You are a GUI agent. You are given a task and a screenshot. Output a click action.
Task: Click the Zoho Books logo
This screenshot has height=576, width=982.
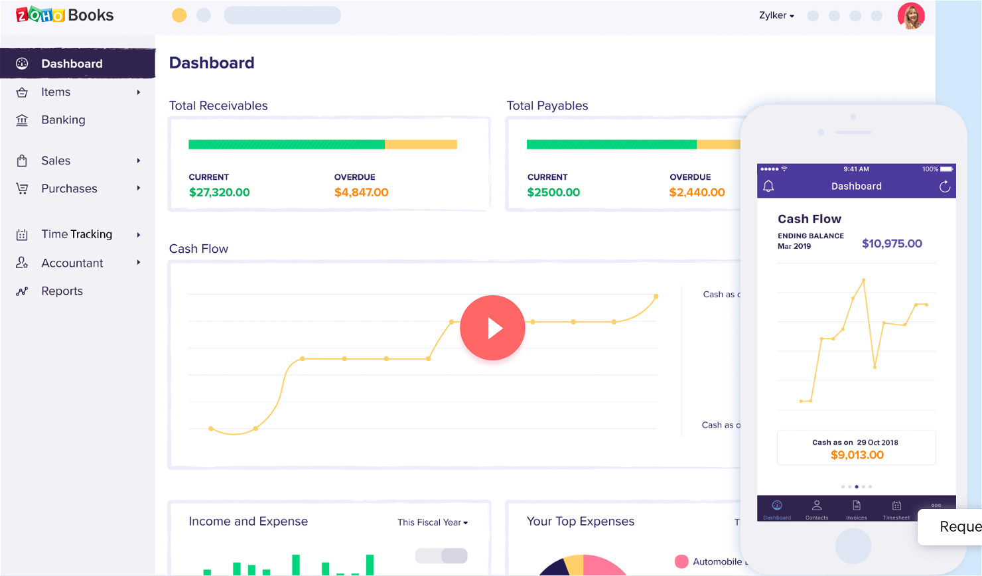64,15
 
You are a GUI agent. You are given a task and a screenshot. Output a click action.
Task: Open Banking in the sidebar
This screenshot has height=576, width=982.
63,120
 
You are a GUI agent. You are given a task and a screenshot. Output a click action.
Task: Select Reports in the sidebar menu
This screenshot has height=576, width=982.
62,291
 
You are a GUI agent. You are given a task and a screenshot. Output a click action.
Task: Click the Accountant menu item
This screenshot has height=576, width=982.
72,263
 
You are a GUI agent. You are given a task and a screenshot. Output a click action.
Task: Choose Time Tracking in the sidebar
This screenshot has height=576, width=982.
76,234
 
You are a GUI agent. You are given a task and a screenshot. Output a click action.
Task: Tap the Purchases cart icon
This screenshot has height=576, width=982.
22,188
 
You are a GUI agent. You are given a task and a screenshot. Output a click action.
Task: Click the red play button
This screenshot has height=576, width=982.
492,328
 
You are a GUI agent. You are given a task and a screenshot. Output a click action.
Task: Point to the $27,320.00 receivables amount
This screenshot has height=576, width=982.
219,192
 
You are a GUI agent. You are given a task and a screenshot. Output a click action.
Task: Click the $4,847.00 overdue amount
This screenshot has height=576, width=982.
361,192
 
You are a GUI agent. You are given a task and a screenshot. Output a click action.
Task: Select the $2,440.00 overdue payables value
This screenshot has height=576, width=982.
697,192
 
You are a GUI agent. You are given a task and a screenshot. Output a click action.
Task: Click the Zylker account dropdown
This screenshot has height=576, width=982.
776,15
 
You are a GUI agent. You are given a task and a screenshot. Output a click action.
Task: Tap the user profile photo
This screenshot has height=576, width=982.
911,16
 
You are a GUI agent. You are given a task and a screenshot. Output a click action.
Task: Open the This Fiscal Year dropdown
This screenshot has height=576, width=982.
433,522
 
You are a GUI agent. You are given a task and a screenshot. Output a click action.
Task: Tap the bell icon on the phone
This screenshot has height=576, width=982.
768,186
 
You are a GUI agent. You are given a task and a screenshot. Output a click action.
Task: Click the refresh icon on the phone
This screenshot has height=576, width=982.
945,186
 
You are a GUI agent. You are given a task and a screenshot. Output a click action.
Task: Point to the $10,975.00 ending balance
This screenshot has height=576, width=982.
892,244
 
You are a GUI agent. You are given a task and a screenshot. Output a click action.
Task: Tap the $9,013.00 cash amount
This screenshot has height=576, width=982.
857,455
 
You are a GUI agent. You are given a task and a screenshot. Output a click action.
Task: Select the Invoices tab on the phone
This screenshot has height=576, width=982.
857,509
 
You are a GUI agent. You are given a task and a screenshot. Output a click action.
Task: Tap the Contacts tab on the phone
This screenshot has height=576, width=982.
817,509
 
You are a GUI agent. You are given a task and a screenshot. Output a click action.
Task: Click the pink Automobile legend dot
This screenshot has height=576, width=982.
681,561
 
